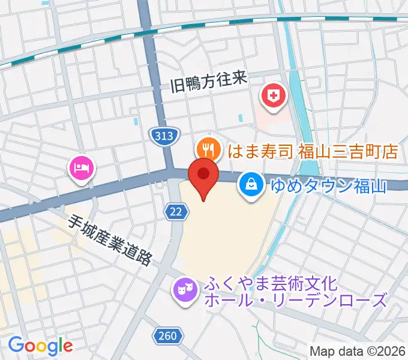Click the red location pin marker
coord(203,176)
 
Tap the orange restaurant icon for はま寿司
coord(207,147)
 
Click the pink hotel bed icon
coord(82,167)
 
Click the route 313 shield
coord(164,136)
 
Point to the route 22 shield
coord(175,211)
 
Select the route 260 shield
coord(169,336)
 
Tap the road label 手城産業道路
coord(111,241)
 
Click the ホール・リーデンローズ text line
coord(295,300)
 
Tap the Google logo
coord(40,345)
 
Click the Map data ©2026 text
coord(357,351)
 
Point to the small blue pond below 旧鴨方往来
coord(241,120)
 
